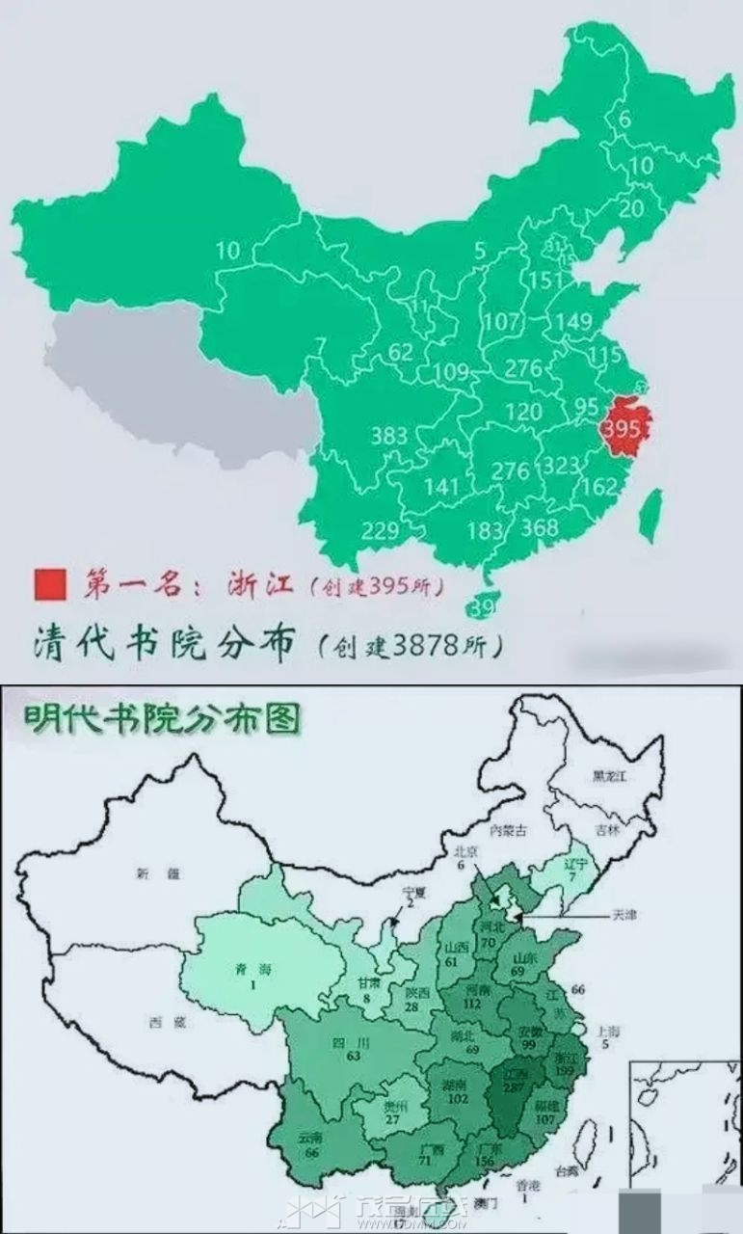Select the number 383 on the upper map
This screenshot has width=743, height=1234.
point(389,436)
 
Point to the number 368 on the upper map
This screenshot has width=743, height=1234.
point(539,528)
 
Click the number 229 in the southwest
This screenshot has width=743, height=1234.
point(381,529)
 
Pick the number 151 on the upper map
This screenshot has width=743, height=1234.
point(545,280)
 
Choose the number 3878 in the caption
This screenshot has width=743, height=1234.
point(429,645)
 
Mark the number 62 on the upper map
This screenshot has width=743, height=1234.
point(401,352)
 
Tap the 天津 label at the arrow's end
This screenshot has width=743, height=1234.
point(625,914)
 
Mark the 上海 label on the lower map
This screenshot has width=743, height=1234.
point(608,1031)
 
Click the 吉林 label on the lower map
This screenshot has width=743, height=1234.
point(607,829)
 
